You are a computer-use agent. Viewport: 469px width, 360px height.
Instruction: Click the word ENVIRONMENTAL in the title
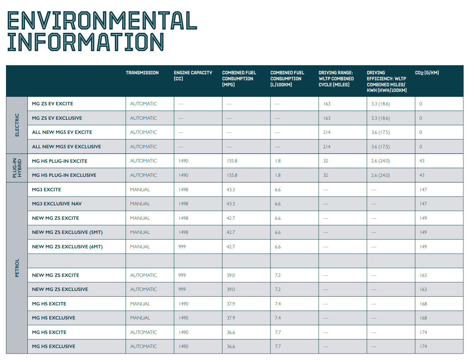[102, 20]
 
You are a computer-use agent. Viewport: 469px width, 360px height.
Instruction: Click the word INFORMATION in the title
[86, 42]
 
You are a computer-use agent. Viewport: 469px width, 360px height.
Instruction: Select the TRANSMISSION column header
[142, 73]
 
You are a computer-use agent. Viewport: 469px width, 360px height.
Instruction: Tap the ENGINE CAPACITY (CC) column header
[193, 75]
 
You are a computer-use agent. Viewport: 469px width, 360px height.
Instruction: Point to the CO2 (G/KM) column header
[427, 73]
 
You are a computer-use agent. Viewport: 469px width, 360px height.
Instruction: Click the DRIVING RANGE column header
[336, 79]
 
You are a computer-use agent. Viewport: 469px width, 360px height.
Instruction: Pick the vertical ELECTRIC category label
[17, 125]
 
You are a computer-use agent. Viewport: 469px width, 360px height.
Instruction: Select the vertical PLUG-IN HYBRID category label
[17, 168]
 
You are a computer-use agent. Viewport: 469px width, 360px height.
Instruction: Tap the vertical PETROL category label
[17, 268]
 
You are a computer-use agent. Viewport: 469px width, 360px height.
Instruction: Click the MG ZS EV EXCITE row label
[52, 104]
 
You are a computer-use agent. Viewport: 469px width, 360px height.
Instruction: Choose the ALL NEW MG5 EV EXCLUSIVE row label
[67, 147]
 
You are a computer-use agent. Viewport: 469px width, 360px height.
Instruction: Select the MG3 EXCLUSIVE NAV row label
[57, 204]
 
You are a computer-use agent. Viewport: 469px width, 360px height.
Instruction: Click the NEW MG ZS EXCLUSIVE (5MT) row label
[67, 232]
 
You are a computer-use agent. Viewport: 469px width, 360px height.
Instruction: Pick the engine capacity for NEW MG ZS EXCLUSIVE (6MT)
[182, 247]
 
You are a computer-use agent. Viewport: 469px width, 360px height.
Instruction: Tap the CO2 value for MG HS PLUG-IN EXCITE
[422, 161]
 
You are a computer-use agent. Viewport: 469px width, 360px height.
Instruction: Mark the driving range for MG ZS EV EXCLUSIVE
[327, 118]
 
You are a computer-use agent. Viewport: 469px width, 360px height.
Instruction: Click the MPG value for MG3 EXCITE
[231, 190]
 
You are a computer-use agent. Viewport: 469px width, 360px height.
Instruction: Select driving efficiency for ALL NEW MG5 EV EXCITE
[381, 132]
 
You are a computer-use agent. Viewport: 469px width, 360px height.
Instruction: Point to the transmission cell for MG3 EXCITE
[140, 190]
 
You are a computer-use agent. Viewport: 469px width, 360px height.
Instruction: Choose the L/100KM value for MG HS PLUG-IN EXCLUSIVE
[278, 175]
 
